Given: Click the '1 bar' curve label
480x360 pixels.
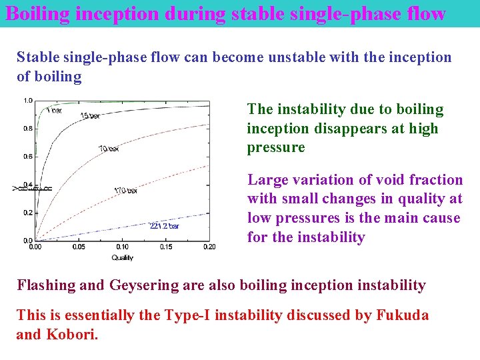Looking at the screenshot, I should click(55, 111).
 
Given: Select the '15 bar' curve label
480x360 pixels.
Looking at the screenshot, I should click(90, 116).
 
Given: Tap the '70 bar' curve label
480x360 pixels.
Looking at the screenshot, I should click(109, 148).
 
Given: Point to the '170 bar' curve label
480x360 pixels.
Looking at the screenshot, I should click(125, 191).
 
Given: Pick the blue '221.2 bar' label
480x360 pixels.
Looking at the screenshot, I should click(164, 226).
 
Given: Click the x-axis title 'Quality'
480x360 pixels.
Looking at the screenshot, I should click(122, 257).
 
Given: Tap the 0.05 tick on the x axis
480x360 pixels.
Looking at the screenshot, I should click(79, 247).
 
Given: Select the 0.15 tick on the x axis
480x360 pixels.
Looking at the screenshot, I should click(166, 247).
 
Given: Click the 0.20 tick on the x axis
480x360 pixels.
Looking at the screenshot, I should click(209, 247).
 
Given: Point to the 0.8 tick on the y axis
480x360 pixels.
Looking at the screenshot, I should click(28, 129).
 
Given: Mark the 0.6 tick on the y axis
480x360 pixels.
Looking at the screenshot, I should click(28, 157).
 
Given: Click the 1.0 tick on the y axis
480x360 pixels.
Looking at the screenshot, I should click(28, 101).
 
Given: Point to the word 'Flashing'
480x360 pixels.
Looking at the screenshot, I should click(46, 285).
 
